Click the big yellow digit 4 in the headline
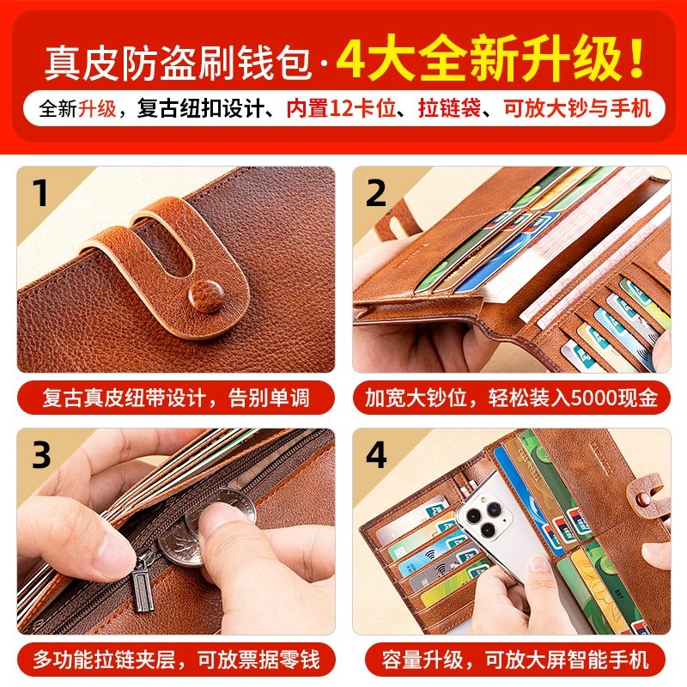[353, 58]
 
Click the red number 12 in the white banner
[340, 108]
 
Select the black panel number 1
[41, 192]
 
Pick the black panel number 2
[376, 192]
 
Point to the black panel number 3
[41, 455]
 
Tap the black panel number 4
[376, 455]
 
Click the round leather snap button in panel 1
[206, 295]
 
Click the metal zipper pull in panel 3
[143, 583]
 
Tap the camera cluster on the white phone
[485, 516]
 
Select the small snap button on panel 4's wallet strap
[642, 499]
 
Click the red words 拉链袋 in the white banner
[449, 108]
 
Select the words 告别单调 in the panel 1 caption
[269, 398]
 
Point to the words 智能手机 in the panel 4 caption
[607, 660]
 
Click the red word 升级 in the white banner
[97, 108]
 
